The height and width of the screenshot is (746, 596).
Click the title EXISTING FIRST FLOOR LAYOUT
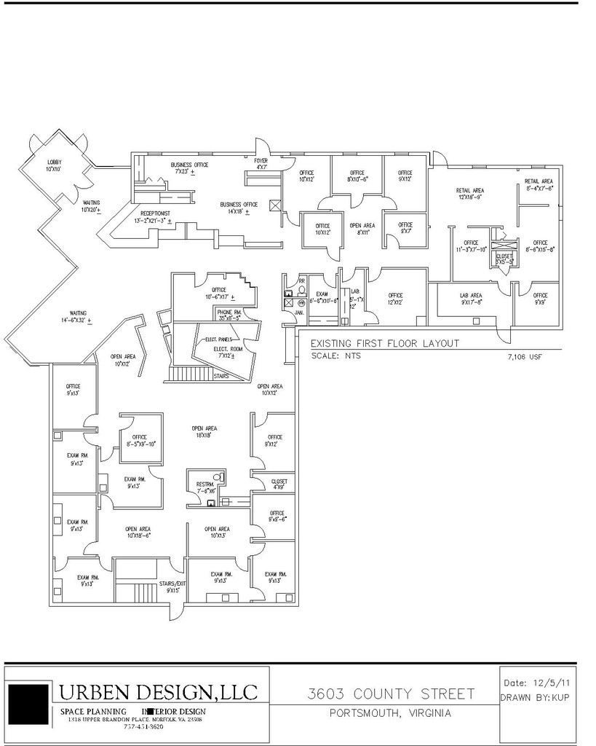pyautogui.click(x=385, y=343)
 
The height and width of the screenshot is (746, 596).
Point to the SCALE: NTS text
pyautogui.click(x=335, y=356)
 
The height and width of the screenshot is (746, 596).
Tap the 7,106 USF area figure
pyautogui.click(x=524, y=358)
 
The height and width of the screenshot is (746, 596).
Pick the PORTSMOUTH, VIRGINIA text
pyautogui.click(x=390, y=713)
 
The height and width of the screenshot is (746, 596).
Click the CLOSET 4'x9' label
pyautogui.click(x=279, y=484)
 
